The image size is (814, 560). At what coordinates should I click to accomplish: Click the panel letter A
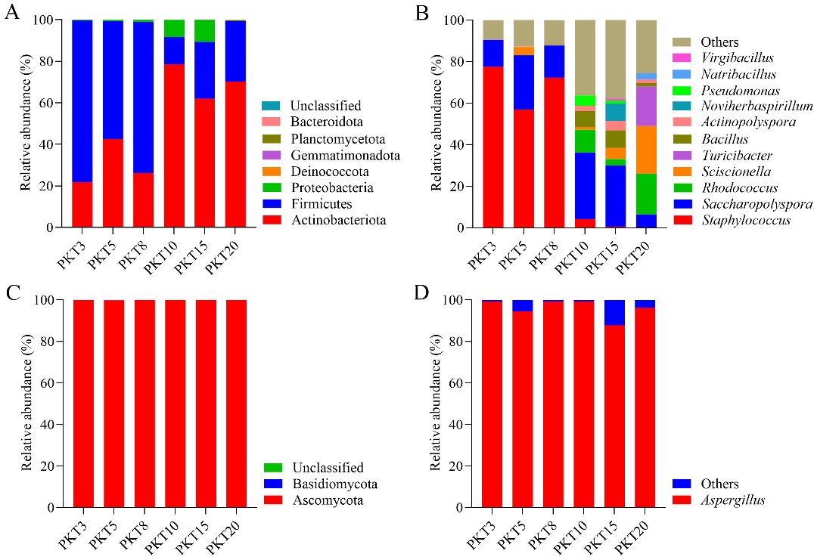click(x=12, y=14)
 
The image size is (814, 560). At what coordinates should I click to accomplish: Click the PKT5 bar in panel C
click(x=113, y=404)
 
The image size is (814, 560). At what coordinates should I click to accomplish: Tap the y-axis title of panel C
click(x=28, y=404)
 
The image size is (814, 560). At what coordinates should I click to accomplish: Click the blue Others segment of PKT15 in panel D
click(x=614, y=312)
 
